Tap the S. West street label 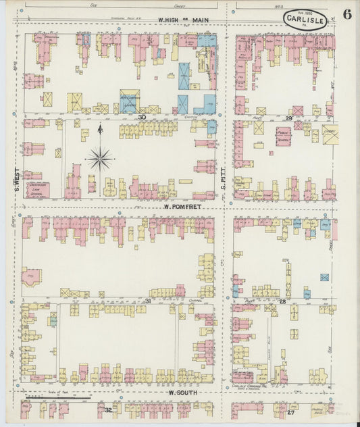[x=16, y=178]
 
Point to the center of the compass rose [x=100, y=159]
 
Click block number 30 [x=143, y=117]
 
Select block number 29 [x=288, y=118]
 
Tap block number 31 [x=147, y=301]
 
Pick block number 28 [x=283, y=301]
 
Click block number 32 [x=108, y=409]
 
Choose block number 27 [x=291, y=410]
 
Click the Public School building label [x=284, y=136]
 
